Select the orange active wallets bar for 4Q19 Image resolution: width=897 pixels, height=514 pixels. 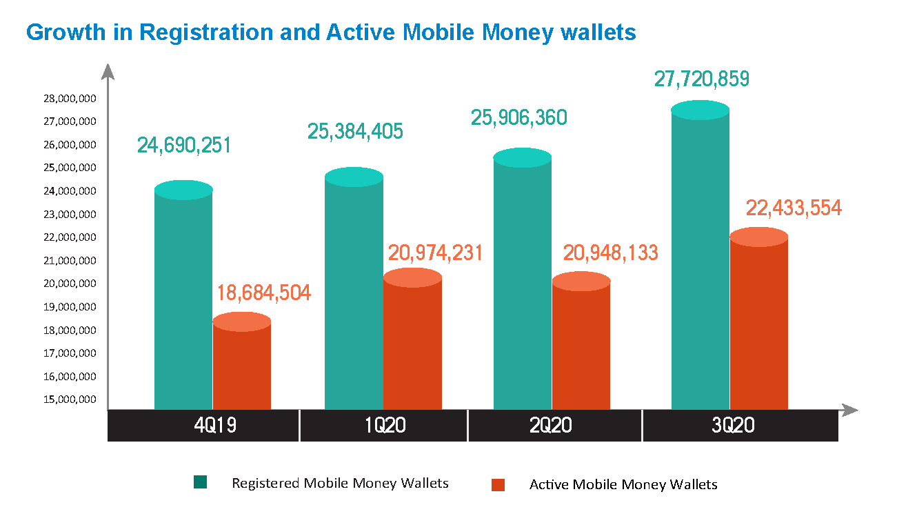[x=241, y=366]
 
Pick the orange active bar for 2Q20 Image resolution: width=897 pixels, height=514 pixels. [x=581, y=345]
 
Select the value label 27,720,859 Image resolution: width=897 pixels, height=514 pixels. [x=702, y=79]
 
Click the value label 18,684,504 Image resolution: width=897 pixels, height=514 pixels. [x=264, y=293]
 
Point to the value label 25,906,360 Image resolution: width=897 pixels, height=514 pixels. [x=519, y=118]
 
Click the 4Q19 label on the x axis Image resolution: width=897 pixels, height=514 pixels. [x=215, y=426]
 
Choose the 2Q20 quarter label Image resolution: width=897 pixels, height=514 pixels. [x=551, y=426]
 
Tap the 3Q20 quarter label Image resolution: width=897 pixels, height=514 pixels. [x=733, y=426]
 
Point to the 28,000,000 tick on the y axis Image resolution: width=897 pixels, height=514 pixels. [x=70, y=99]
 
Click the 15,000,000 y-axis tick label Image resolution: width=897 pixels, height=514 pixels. [x=70, y=399]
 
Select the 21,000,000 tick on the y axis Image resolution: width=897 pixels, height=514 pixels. [x=70, y=261]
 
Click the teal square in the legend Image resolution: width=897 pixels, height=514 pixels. [x=201, y=483]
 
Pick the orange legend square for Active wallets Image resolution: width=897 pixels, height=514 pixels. [x=498, y=485]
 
